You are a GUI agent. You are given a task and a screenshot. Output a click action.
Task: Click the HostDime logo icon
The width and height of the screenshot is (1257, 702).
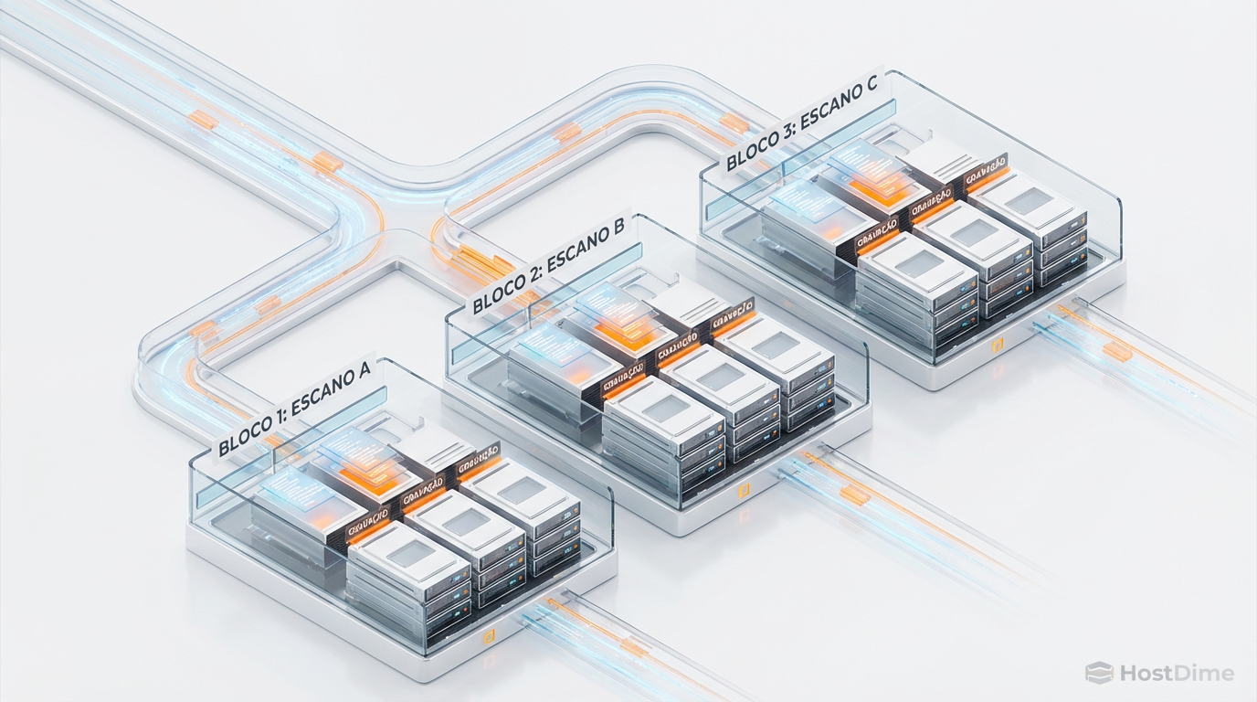tap(1098, 674)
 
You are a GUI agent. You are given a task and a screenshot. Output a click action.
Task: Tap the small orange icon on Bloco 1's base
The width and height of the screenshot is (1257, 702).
tap(489, 636)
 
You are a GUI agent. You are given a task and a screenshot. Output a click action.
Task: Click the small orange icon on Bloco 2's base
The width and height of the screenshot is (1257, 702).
tap(743, 492)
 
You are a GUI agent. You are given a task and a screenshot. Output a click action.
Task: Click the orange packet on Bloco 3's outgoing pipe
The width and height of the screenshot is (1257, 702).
tap(1116, 351)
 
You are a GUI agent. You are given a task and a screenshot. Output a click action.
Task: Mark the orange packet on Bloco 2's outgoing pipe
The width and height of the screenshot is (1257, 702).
tap(856, 495)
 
